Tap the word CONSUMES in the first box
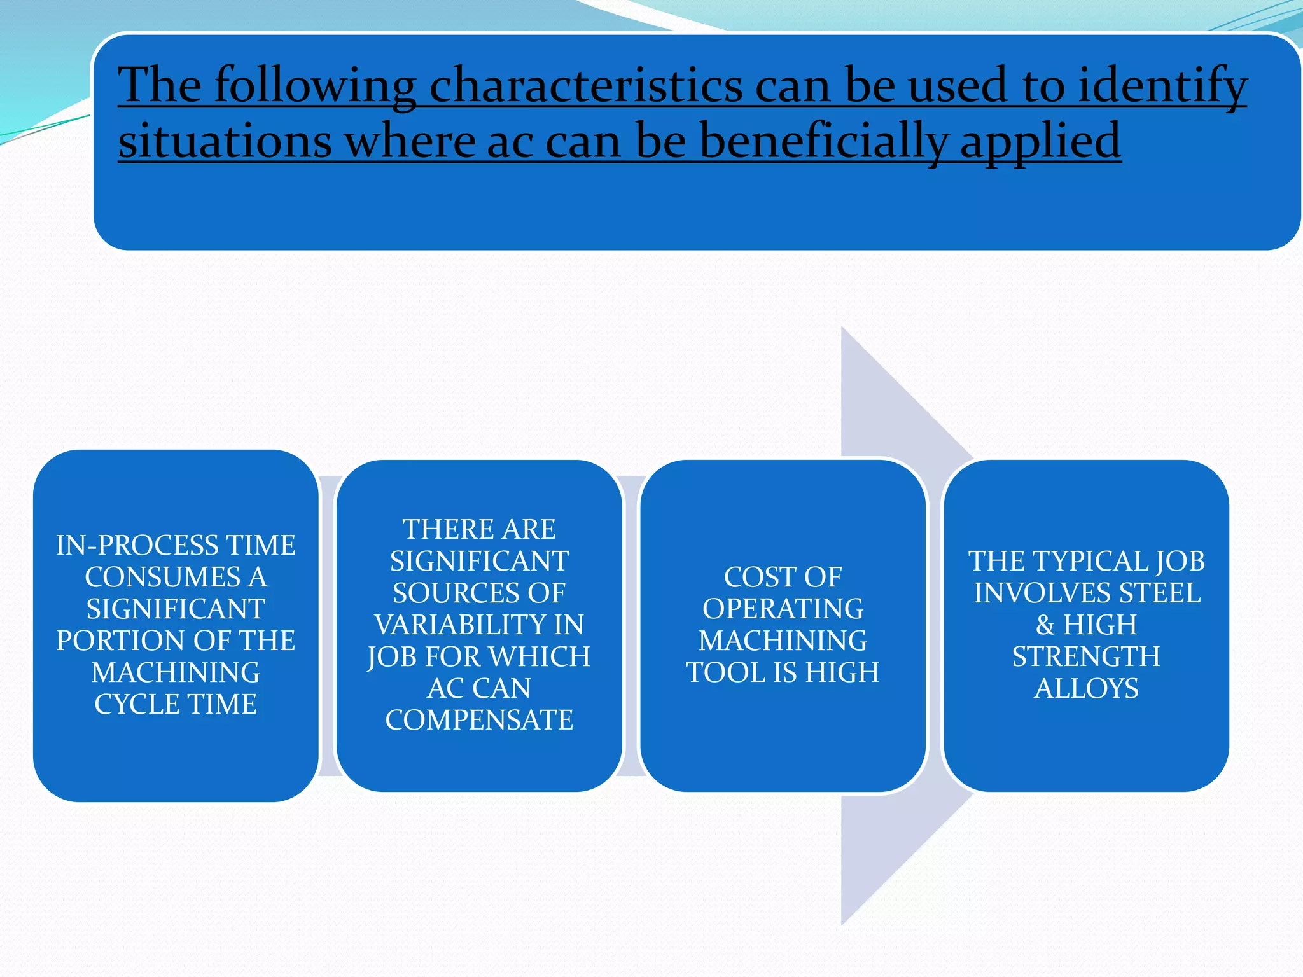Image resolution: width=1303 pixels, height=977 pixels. coord(163,578)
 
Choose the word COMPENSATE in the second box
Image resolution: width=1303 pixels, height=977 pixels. coord(479,721)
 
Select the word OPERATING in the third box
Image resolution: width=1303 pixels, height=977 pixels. coord(783,609)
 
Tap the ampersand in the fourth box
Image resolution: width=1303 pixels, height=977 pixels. coord(1045,625)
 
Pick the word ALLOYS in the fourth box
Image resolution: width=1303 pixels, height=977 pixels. coord(1086,689)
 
